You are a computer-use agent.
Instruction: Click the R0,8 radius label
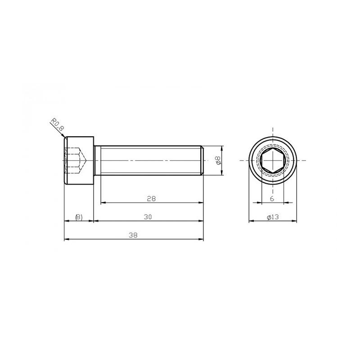(58, 125)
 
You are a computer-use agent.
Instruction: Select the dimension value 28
(151, 198)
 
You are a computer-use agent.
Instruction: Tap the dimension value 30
(148, 217)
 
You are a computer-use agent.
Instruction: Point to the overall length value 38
(133, 235)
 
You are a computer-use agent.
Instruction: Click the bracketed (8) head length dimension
(79, 217)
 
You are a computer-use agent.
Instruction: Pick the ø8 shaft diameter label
(218, 160)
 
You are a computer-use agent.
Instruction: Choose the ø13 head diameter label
(273, 217)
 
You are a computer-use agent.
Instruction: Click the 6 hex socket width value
(272, 198)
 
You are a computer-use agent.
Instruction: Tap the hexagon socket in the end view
(273, 160)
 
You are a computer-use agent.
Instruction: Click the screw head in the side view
(79, 160)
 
